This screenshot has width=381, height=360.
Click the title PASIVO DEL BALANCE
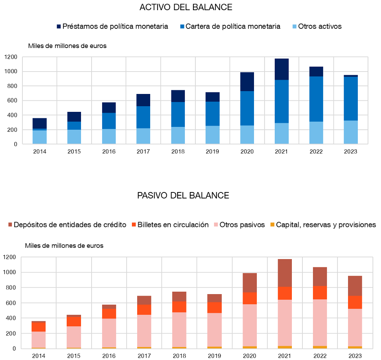click(183, 196)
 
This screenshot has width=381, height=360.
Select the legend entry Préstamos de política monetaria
click(115, 26)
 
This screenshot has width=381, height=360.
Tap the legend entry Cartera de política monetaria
click(233, 26)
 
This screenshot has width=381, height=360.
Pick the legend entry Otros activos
click(320, 26)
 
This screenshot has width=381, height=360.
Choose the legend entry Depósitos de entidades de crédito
click(70, 225)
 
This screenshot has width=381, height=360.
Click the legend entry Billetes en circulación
click(173, 225)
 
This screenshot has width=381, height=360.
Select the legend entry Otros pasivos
click(242, 225)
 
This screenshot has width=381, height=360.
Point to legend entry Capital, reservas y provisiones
click(326, 225)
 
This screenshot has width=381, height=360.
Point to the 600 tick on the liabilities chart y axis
click(9, 303)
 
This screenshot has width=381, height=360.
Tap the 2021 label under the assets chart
click(281, 152)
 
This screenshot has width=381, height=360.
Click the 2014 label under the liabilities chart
click(39, 356)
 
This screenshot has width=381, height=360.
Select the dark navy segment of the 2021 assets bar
click(281, 69)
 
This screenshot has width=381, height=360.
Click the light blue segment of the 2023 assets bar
click(350, 132)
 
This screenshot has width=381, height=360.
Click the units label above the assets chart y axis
click(67, 46)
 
